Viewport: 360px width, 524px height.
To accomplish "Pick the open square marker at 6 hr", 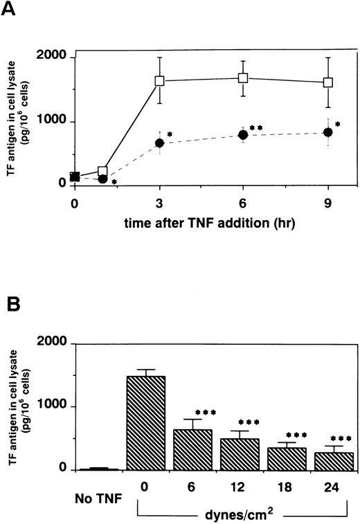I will click(x=243, y=78).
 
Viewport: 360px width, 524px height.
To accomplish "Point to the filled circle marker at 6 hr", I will click(x=243, y=135).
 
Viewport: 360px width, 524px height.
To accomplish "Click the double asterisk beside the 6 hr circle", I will click(x=256, y=129).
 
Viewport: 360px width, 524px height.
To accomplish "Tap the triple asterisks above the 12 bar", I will click(x=249, y=422).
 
